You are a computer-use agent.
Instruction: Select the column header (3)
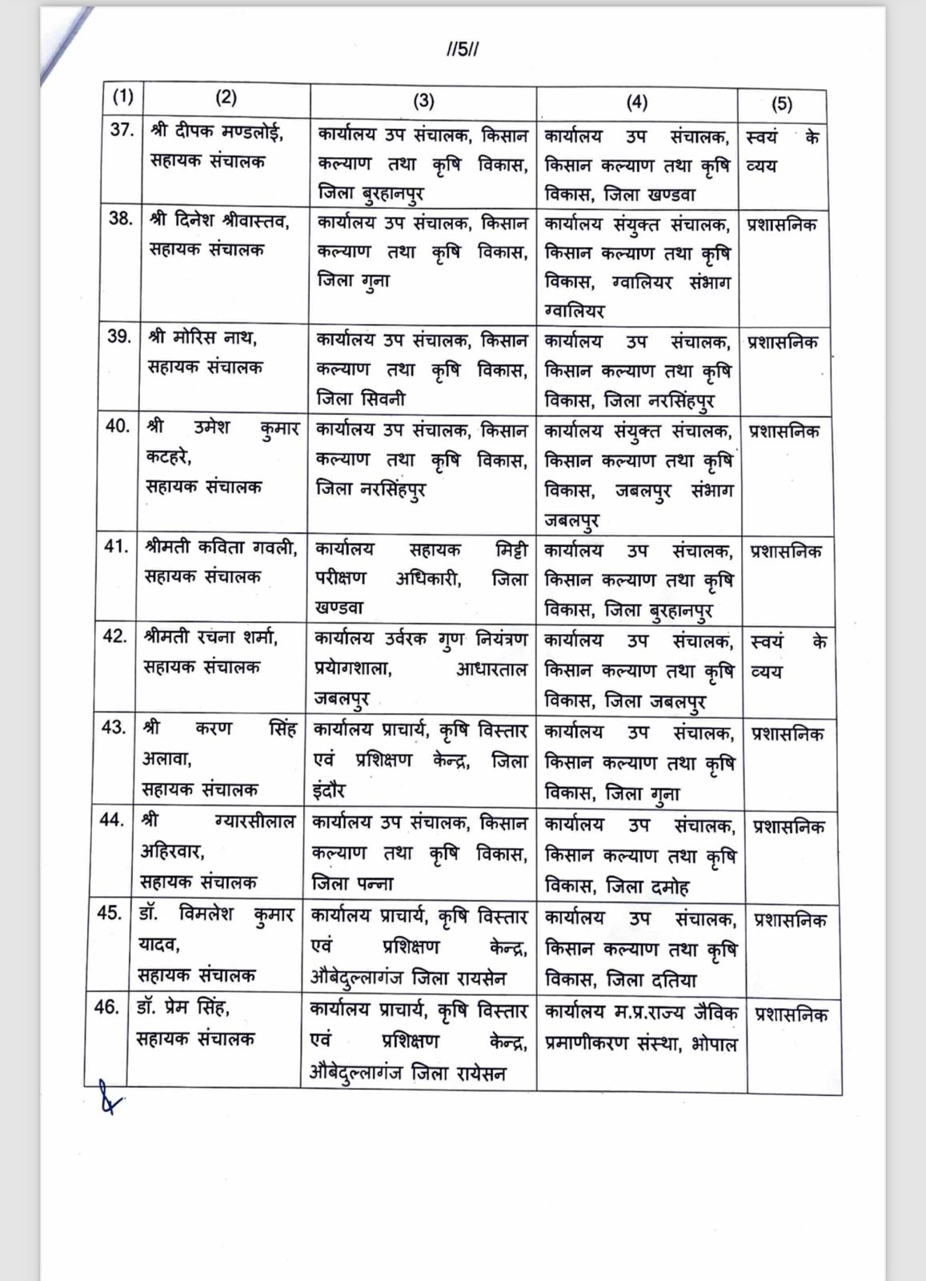[x=423, y=100]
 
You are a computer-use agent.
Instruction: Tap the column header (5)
[x=781, y=103]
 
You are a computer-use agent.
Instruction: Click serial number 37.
[x=121, y=131]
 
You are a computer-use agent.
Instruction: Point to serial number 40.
[x=117, y=426]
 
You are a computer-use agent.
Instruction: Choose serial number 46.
[x=106, y=1006]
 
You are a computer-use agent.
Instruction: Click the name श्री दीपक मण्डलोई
[x=216, y=132]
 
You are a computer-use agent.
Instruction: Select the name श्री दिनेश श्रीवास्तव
[x=218, y=219]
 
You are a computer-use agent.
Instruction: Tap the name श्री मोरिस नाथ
[x=202, y=337]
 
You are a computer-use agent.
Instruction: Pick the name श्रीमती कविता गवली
[x=221, y=547]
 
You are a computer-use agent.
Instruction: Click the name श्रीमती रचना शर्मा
[x=211, y=637]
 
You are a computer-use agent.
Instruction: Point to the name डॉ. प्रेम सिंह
[x=183, y=1007]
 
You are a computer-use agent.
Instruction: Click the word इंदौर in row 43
[x=328, y=791]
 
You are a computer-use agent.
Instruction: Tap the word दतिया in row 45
[x=673, y=979]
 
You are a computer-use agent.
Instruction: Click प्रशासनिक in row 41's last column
[x=785, y=552]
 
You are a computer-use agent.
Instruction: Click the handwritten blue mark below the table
[x=106, y=1097]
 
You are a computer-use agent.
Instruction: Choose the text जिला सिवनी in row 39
[x=361, y=398]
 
